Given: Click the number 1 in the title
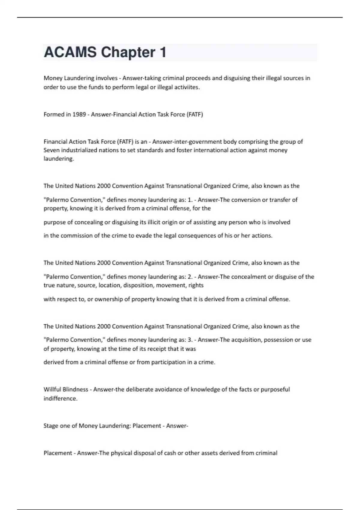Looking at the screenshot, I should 163,52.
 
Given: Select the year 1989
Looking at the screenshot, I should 79,114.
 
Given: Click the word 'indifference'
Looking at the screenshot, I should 60,398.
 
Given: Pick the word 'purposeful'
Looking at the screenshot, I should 275,389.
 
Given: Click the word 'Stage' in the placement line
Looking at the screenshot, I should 51,426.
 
